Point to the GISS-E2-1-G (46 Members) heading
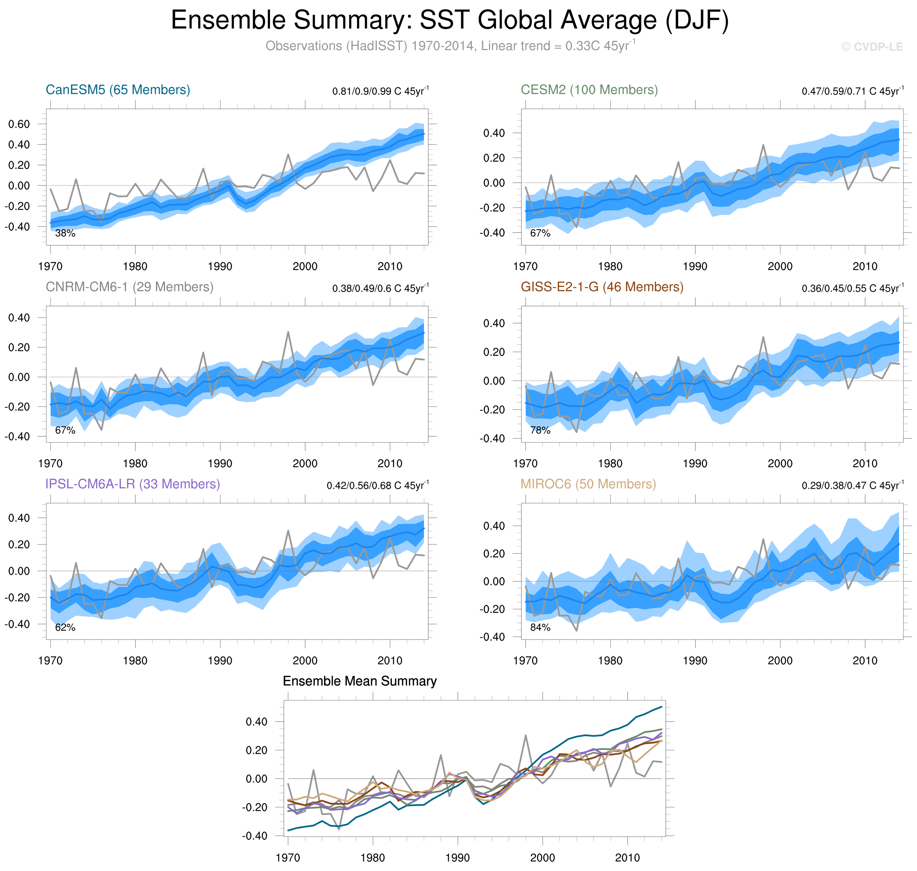click(602, 287)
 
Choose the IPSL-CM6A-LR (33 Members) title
click(132, 484)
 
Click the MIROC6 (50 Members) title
click(588, 484)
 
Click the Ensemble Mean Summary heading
click(359, 681)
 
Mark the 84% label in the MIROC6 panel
click(540, 628)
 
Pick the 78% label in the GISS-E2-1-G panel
click(540, 430)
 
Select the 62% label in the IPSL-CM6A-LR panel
click(65, 628)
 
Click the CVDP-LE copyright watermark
click(871, 47)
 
